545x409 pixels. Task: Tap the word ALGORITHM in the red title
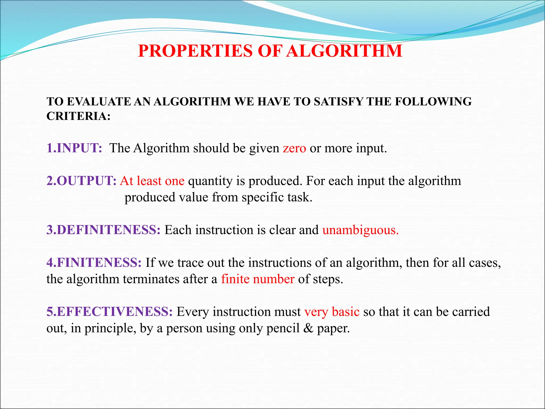click(x=345, y=51)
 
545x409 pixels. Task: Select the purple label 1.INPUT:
click(x=74, y=148)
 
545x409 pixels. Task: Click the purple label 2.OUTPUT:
click(x=81, y=181)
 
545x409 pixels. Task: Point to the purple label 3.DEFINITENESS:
click(x=104, y=230)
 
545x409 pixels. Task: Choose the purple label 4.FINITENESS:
click(x=94, y=263)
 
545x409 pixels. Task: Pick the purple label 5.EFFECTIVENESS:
click(x=110, y=312)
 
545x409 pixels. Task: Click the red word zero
click(x=294, y=148)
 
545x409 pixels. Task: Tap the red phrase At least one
click(x=152, y=181)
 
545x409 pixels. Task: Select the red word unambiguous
click(x=360, y=230)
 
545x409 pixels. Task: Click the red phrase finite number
click(x=258, y=279)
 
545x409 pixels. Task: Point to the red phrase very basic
click(x=332, y=312)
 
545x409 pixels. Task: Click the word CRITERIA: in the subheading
click(x=79, y=116)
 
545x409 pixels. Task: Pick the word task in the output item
click(x=299, y=197)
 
